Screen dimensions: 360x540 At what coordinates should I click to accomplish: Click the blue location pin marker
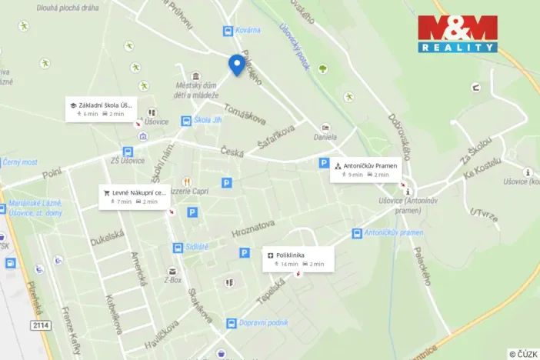[x=236, y=65]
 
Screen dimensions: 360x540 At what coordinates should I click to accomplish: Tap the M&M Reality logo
[x=458, y=34]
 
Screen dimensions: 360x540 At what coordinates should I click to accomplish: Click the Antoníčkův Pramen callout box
[x=366, y=169]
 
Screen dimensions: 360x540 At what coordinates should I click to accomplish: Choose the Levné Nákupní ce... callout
[x=134, y=196]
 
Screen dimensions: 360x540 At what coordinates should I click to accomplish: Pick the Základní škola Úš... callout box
[x=101, y=108]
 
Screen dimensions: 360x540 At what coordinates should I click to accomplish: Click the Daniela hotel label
[x=325, y=138]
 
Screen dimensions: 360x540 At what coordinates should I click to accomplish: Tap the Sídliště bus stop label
[x=197, y=248]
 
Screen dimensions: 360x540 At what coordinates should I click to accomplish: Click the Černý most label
[x=20, y=162]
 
